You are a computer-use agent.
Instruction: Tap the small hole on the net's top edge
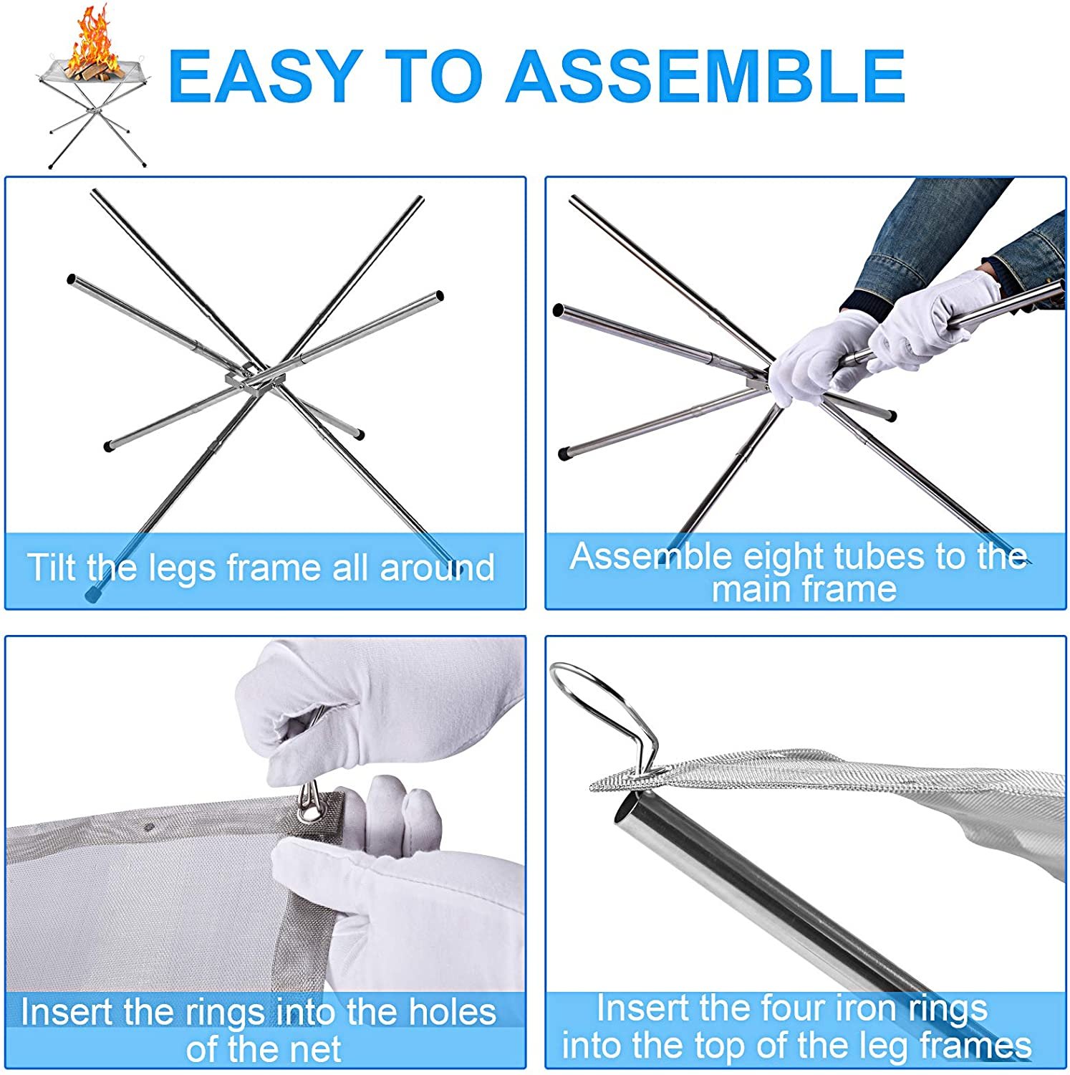[x=148, y=826]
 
